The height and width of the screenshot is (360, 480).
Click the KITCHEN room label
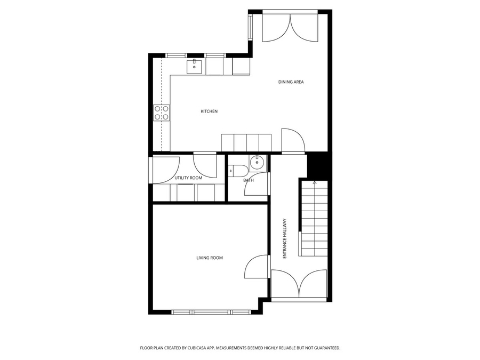[209, 111]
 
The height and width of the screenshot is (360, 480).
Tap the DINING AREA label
[291, 82]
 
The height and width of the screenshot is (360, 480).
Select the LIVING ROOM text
[210, 258]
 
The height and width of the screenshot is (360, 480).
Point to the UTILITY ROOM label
[188, 178]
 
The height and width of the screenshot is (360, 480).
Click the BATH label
[248, 180]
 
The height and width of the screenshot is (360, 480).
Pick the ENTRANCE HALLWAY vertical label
[285, 238]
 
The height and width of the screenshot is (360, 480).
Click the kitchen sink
[194, 67]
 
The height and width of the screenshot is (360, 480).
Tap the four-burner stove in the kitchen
[161, 113]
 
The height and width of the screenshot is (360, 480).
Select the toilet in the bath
[237, 171]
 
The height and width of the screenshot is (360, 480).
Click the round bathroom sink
[257, 163]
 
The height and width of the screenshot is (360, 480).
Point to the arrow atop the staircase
[314, 183]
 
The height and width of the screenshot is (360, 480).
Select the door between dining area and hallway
[293, 140]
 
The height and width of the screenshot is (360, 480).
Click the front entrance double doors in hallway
[299, 284]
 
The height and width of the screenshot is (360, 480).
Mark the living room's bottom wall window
[211, 312]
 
